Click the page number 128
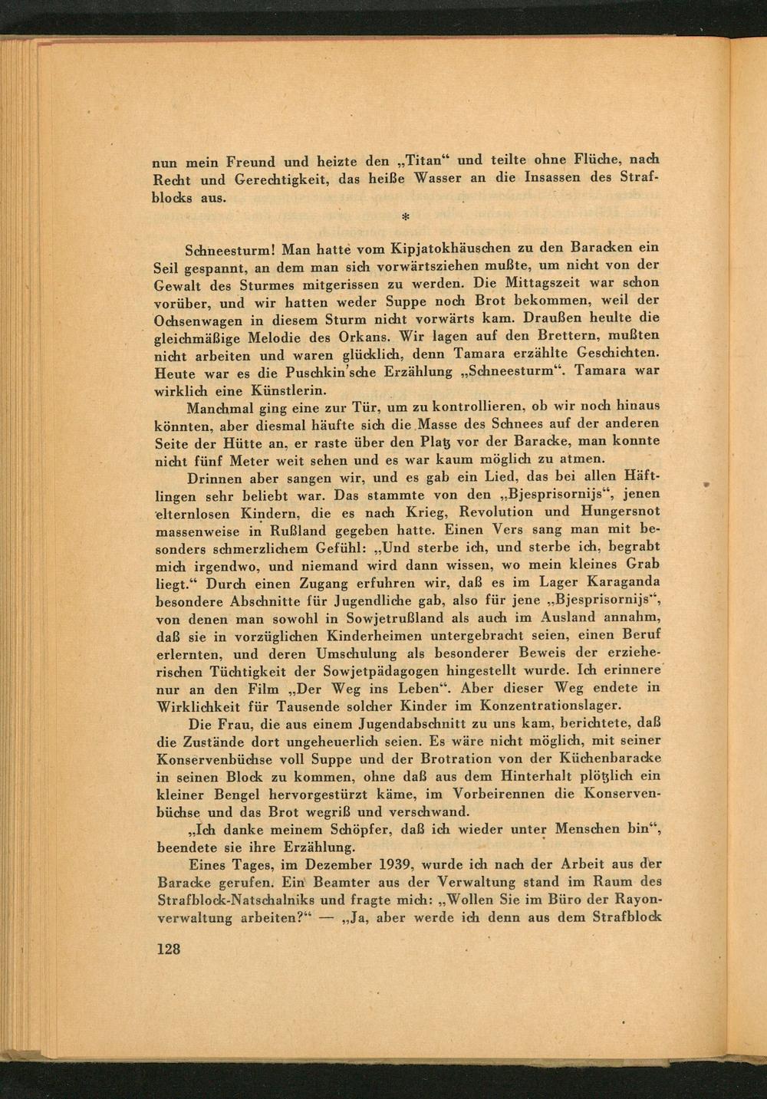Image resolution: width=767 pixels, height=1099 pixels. click(x=168, y=949)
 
